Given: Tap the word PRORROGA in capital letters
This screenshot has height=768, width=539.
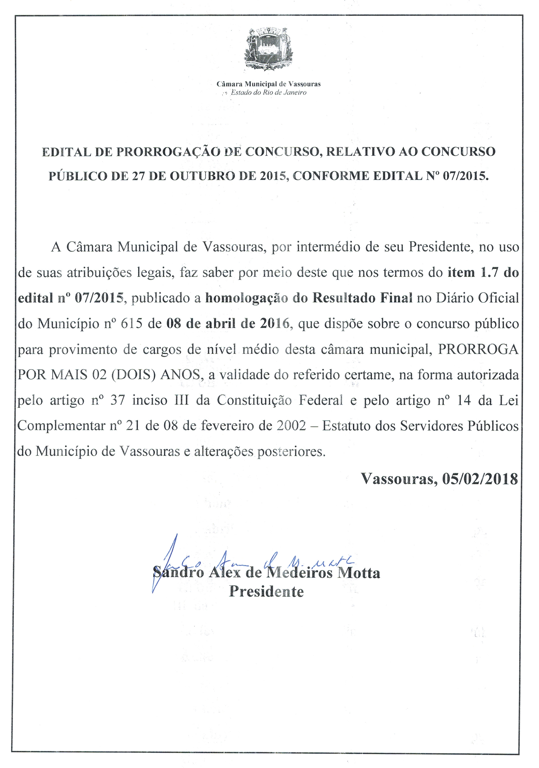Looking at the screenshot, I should (478, 350).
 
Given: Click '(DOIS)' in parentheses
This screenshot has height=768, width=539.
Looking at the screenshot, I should (134, 375).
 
